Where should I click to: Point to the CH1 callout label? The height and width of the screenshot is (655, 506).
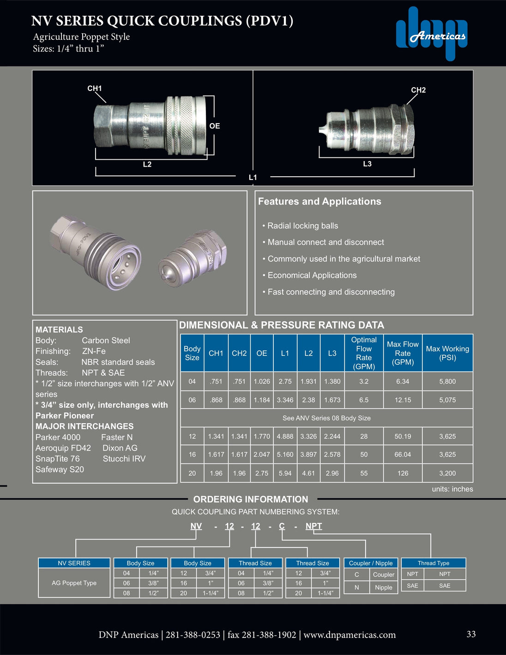[x=95, y=88]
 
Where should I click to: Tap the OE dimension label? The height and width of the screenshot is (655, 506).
[x=215, y=126]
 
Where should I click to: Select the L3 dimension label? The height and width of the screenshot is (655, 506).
[x=367, y=164]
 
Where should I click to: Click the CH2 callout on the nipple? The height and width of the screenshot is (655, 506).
[x=418, y=90]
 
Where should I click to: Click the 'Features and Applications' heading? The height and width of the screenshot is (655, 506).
[x=319, y=201]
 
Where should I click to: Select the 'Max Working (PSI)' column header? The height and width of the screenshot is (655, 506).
[x=447, y=353]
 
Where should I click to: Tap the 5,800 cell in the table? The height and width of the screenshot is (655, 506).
[x=447, y=381]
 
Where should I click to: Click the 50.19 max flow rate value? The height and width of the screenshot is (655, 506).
[x=403, y=436]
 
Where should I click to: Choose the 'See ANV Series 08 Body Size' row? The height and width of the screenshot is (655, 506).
[x=326, y=418]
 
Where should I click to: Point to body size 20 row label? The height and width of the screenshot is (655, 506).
[x=192, y=473]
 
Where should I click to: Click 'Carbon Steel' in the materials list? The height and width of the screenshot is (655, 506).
[x=106, y=340]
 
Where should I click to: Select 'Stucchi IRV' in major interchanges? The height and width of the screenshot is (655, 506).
[x=124, y=458]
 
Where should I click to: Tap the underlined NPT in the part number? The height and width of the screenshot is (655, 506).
[x=313, y=526]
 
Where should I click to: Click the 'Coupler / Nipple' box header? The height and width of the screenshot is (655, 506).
[x=371, y=563]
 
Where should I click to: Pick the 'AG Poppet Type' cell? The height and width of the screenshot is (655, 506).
[x=74, y=583]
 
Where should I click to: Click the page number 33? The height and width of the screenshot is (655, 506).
[x=471, y=634]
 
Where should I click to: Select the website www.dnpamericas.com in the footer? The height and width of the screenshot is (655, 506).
[x=349, y=635]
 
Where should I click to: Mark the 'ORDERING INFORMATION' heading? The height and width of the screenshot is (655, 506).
[x=251, y=499]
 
